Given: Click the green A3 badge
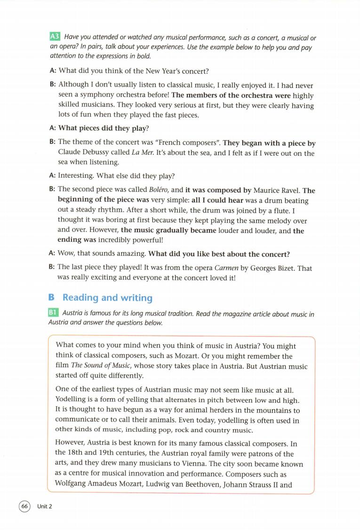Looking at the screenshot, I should pyautogui.click(x=55, y=37).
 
